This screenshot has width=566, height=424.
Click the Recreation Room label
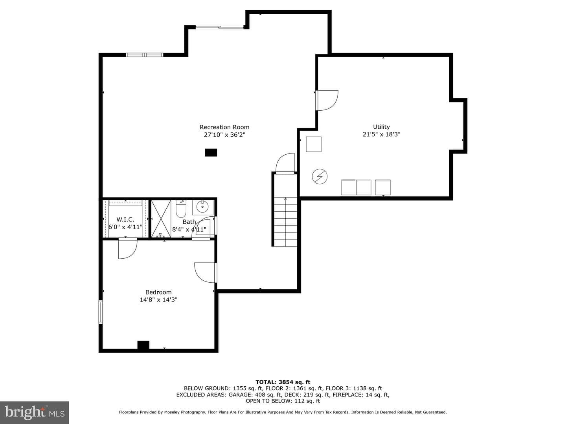(x=224, y=127)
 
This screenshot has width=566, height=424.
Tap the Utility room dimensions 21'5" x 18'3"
(x=381, y=134)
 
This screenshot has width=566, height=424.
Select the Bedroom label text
(x=158, y=292)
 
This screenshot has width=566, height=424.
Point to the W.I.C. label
(x=125, y=219)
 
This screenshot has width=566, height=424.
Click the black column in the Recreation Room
(x=211, y=153)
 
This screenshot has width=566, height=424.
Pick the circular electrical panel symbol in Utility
(x=320, y=177)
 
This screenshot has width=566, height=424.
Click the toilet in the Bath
(x=181, y=209)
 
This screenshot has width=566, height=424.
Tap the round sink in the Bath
(x=202, y=207)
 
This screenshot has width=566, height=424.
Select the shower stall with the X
(x=161, y=219)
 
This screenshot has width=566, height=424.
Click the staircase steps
(x=285, y=222)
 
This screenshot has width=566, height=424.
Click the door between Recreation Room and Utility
(x=327, y=101)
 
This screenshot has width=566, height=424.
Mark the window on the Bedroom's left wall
(x=101, y=312)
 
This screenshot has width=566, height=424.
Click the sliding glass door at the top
(x=220, y=27)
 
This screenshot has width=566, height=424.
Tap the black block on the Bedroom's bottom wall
(x=143, y=345)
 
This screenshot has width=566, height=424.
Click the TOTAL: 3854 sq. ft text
(x=283, y=382)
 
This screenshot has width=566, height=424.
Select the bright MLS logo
(x=35, y=412)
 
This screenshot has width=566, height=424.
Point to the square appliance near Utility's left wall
(x=314, y=144)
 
